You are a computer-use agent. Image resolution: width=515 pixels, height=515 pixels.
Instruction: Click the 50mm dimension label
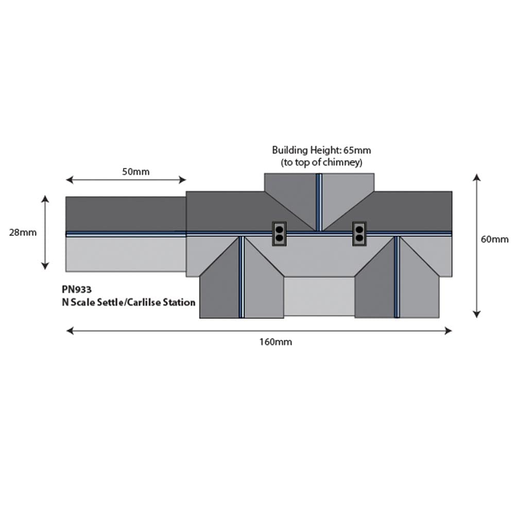135,172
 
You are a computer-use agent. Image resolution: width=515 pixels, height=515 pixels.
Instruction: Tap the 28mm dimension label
23,233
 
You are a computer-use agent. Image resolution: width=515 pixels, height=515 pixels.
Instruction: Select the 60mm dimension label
494,239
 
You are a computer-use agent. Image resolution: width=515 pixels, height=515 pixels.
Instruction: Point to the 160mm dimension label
276,342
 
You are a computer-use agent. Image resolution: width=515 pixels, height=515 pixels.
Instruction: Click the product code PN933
77,289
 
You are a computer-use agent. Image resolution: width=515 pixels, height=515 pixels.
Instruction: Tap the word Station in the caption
179,302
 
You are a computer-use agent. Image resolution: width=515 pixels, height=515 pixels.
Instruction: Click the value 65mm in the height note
357,150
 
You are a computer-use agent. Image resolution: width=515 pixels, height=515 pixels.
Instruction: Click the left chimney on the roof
279,233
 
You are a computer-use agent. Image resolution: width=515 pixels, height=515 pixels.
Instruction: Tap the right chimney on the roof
359,233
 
